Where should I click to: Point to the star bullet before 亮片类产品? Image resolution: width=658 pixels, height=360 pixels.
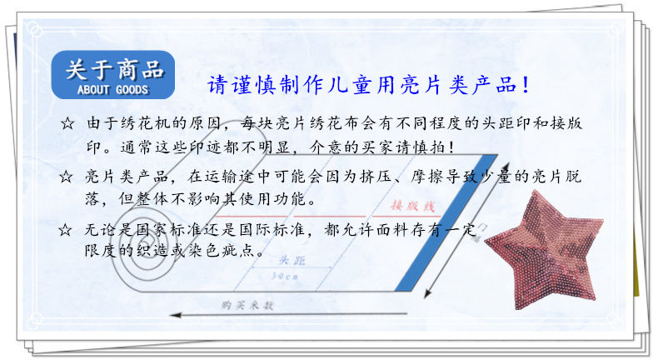[67, 177]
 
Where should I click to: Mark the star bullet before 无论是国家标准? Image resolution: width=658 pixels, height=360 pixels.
[67, 229]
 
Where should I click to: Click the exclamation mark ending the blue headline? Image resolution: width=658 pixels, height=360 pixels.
[526, 86]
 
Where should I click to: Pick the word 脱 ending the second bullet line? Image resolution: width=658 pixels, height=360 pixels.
[574, 177]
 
